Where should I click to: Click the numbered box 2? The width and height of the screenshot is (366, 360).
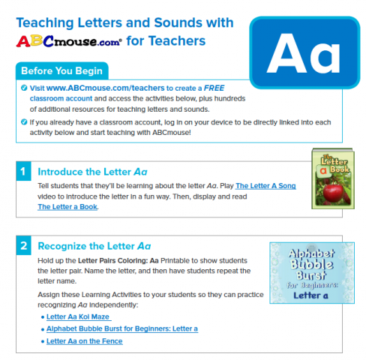point(22,245)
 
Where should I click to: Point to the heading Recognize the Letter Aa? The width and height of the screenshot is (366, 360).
point(94,245)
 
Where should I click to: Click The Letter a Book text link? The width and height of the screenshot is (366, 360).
point(67,206)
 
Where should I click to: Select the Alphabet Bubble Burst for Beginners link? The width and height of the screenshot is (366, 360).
point(121,328)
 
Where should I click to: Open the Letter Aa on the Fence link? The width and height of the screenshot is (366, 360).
point(84,341)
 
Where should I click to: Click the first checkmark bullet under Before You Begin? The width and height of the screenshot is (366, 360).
point(24,88)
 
